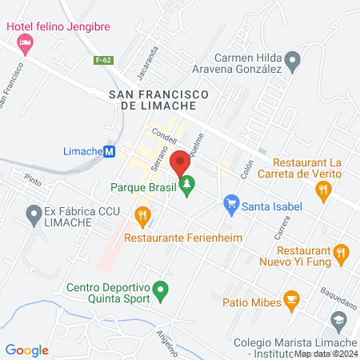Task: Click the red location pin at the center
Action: pyautogui.click(x=180, y=161)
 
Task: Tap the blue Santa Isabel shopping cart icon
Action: pyautogui.click(x=231, y=206)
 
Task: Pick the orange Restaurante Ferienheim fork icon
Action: pyautogui.click(x=143, y=214)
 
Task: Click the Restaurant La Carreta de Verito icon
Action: pyautogui.click(x=324, y=190)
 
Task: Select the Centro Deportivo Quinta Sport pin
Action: pyautogui.click(x=161, y=290)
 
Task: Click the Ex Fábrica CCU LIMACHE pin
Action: pyautogui.click(x=34, y=214)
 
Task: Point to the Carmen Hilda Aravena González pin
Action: pyautogui.click(x=293, y=58)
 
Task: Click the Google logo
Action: pyautogui.click(x=27, y=350)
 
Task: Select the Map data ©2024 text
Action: pyautogui.click(x=326, y=353)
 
